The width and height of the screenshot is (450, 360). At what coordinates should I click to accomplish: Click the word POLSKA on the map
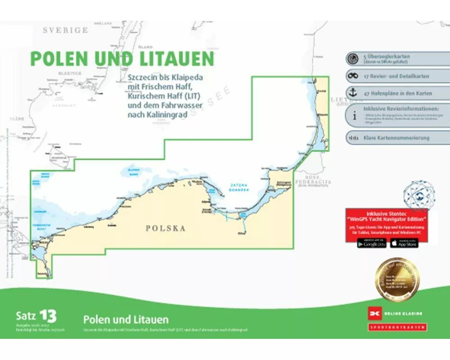(166, 229)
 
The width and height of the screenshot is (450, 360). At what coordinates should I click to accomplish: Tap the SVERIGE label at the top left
(65, 30)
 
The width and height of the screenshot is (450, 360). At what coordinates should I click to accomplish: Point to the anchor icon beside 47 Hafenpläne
(353, 93)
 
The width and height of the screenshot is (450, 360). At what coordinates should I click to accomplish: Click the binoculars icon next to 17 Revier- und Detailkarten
(353, 76)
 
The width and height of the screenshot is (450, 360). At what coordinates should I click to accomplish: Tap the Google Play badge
(372, 243)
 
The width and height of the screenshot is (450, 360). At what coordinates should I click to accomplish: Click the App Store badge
(404, 243)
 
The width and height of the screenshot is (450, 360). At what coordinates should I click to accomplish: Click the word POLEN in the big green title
(58, 59)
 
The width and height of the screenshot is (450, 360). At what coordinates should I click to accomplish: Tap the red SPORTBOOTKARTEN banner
(397, 327)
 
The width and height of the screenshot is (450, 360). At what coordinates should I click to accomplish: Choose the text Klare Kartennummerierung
(396, 138)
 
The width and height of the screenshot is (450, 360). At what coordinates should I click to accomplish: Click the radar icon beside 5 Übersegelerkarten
(353, 58)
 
